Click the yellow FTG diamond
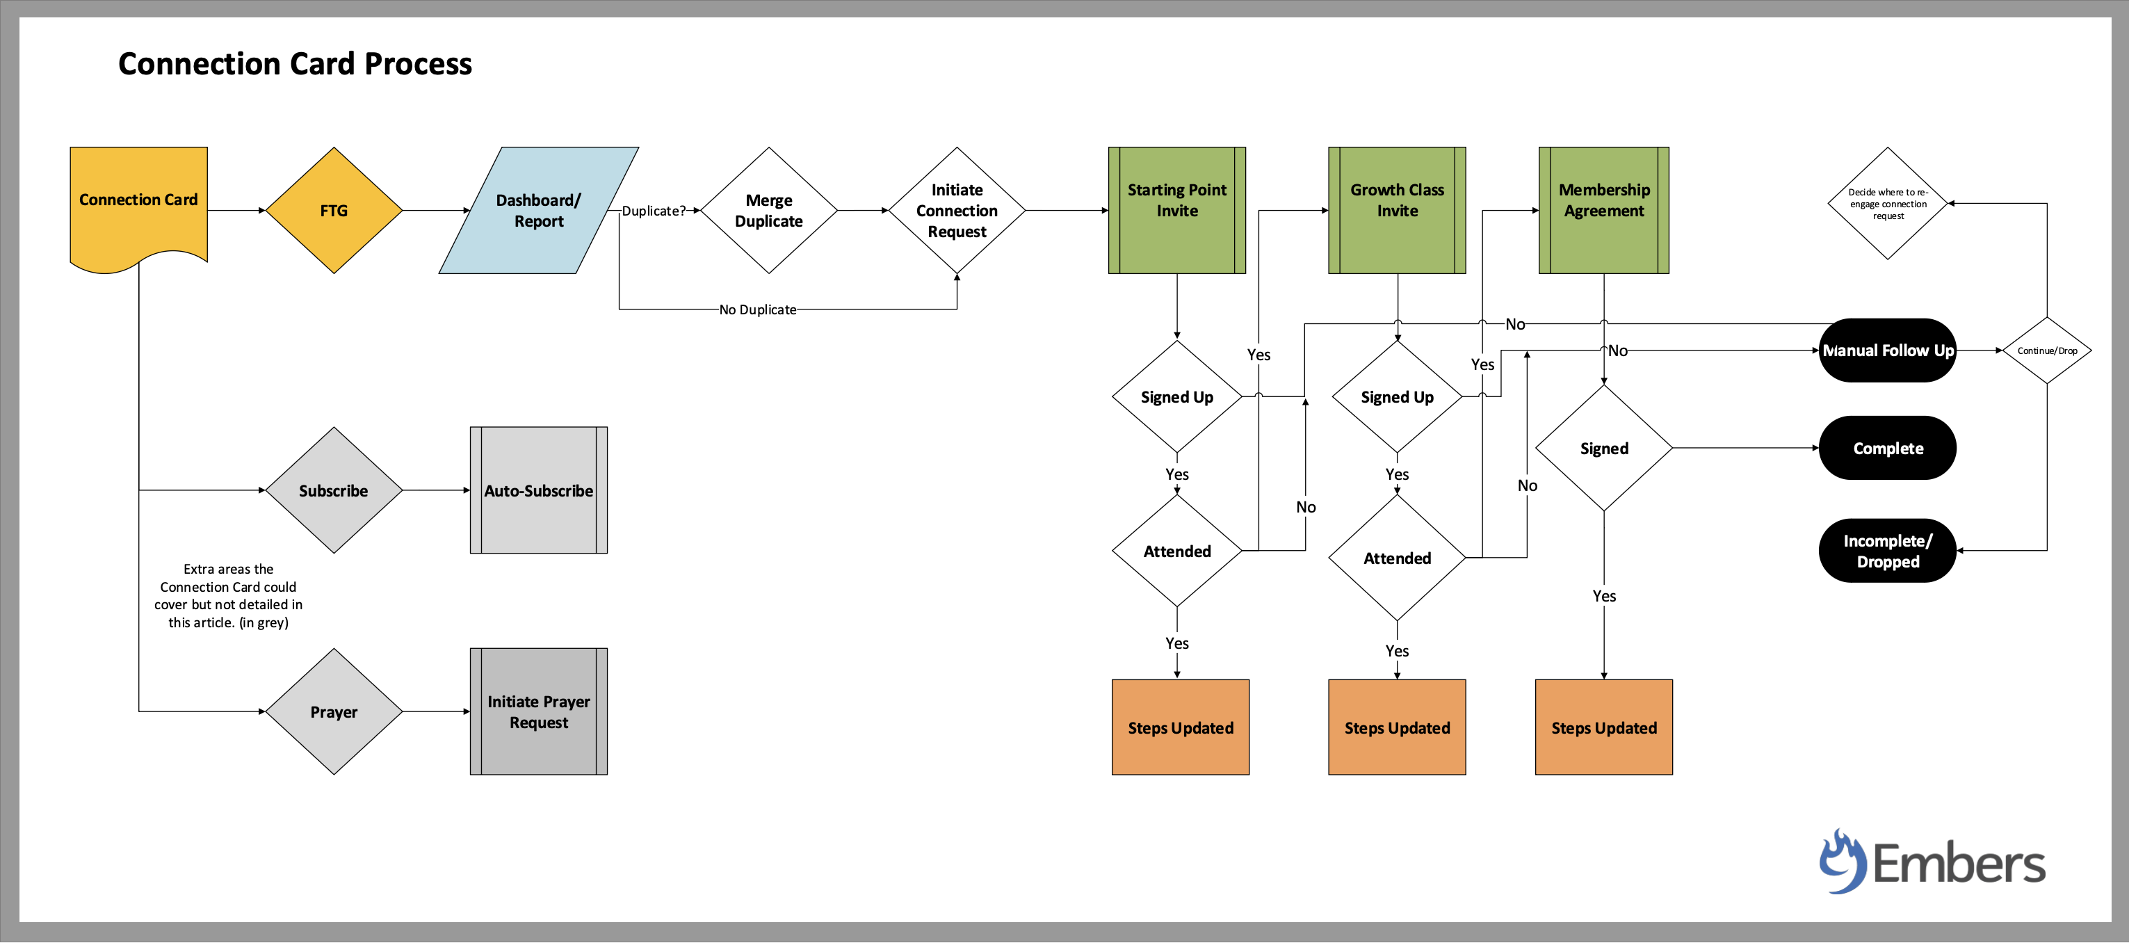tap(333, 211)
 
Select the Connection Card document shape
tap(138, 202)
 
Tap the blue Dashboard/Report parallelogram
tap(538, 211)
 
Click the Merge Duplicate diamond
tap(768, 211)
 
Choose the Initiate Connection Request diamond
tap(956, 211)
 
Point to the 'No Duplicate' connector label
tap(757, 310)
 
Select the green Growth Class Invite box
tap(1396, 211)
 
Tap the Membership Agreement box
tap(1603, 211)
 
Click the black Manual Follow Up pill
tap(1887, 350)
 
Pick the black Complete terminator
tap(1887, 448)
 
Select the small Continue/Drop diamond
tap(2046, 350)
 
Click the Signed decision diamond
tap(1603, 448)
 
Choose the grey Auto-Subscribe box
tap(538, 490)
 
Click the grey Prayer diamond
tap(333, 711)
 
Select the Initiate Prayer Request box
tap(538, 711)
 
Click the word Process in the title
tap(417, 64)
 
